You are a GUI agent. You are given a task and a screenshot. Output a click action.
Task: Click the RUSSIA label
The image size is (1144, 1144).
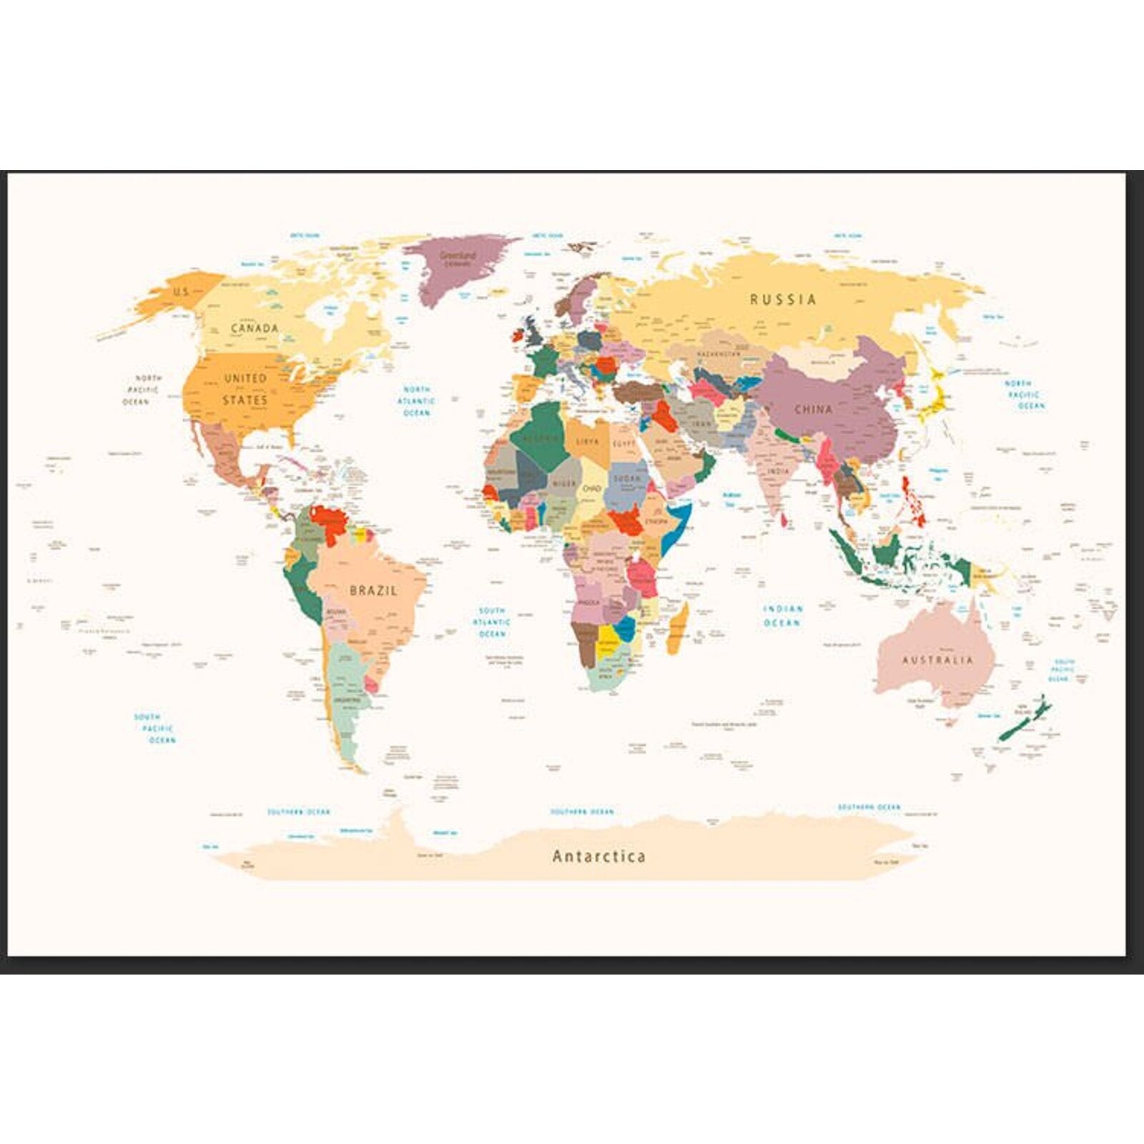782,300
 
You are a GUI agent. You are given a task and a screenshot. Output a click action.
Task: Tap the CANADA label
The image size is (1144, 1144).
255,328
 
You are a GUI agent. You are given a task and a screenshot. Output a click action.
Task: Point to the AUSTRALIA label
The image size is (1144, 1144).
937,660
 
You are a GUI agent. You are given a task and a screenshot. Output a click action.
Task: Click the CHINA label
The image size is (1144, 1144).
814,410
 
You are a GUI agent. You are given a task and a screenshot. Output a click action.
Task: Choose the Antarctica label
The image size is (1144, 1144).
598,856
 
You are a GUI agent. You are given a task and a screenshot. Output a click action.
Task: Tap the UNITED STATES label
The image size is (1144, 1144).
245,389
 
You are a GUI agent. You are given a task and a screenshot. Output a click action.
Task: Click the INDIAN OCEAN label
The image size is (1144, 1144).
783,616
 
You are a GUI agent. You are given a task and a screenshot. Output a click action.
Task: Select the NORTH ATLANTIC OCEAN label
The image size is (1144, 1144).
416,401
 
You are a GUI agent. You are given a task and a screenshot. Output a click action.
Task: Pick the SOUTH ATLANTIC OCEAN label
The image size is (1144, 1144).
492,622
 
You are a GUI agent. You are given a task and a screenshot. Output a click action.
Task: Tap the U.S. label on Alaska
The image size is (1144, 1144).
181,292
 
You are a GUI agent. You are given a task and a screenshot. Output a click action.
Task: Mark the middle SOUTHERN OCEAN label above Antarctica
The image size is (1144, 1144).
581,812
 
